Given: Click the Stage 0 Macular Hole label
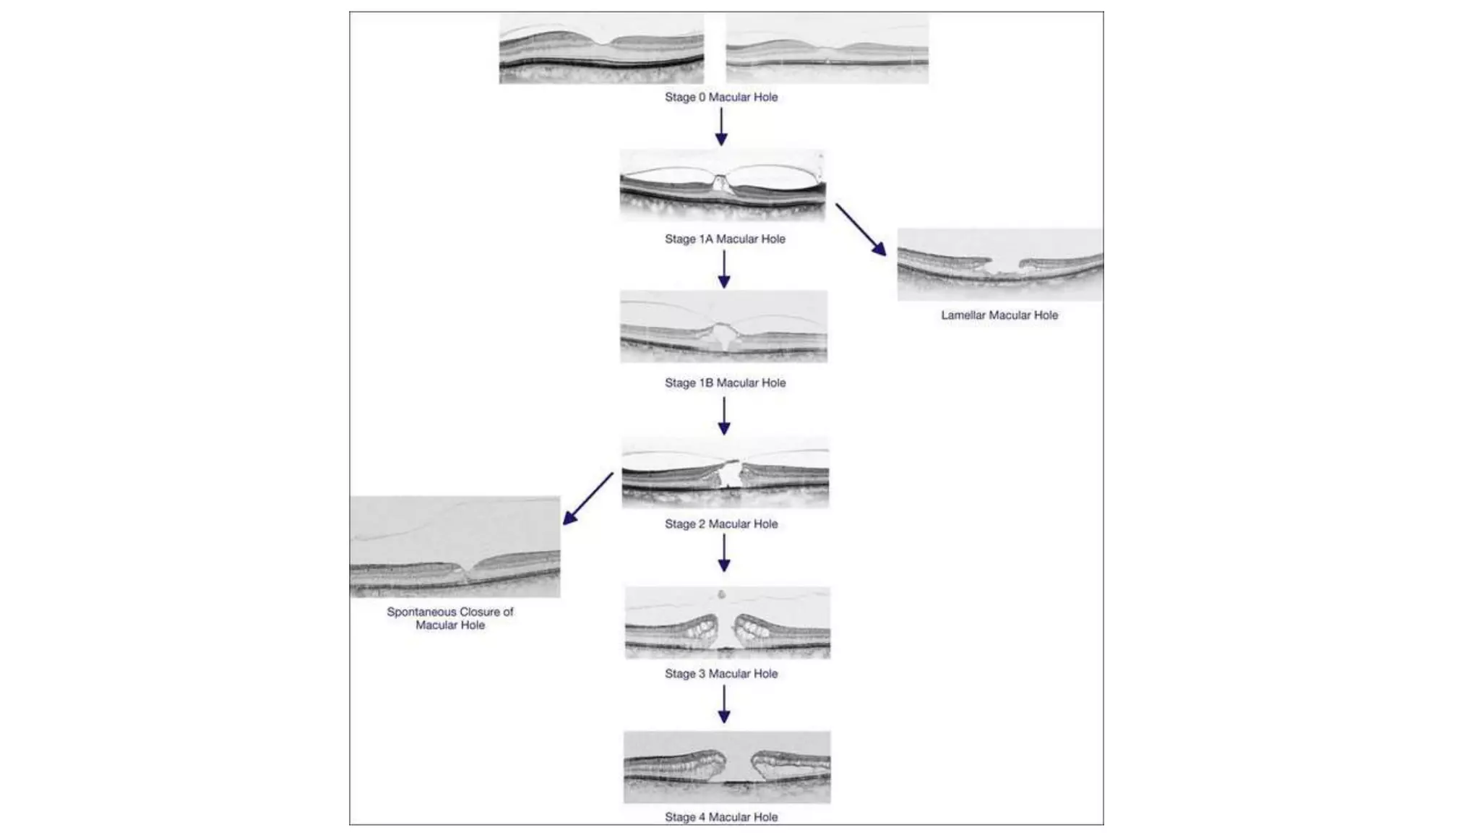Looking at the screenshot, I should pyautogui.click(x=721, y=97).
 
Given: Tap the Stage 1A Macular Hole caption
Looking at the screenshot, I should pyautogui.click(x=725, y=239).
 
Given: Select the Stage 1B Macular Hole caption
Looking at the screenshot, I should pyautogui.click(x=725, y=383).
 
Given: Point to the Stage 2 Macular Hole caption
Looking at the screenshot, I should pyautogui.click(x=721, y=524).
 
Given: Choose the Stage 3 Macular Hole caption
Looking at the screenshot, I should pyautogui.click(x=721, y=673).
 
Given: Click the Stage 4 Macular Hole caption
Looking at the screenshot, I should pyautogui.click(x=721, y=816).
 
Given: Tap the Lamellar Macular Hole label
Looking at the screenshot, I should pyautogui.click(x=999, y=315).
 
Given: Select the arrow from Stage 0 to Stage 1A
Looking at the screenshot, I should pyautogui.click(x=721, y=127).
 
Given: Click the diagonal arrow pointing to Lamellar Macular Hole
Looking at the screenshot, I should pyautogui.click(x=861, y=229).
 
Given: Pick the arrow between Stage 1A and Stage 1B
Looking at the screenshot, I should pyautogui.click(x=724, y=270).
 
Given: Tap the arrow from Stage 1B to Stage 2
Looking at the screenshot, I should pyautogui.click(x=724, y=416).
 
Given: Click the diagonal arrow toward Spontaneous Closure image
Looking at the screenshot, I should pyautogui.click(x=588, y=499).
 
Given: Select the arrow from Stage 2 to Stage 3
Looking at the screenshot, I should pyautogui.click(x=724, y=554).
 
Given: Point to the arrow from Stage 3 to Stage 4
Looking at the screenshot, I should pyautogui.click(x=724, y=704).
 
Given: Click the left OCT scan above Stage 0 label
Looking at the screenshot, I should pyautogui.click(x=601, y=48).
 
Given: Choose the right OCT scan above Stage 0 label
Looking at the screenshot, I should pyautogui.click(x=827, y=48).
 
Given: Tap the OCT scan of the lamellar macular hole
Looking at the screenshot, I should pyautogui.click(x=1000, y=265).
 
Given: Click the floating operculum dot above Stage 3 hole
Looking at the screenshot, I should pyautogui.click(x=721, y=594).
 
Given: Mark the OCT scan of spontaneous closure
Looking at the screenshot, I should pyautogui.click(x=455, y=547).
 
